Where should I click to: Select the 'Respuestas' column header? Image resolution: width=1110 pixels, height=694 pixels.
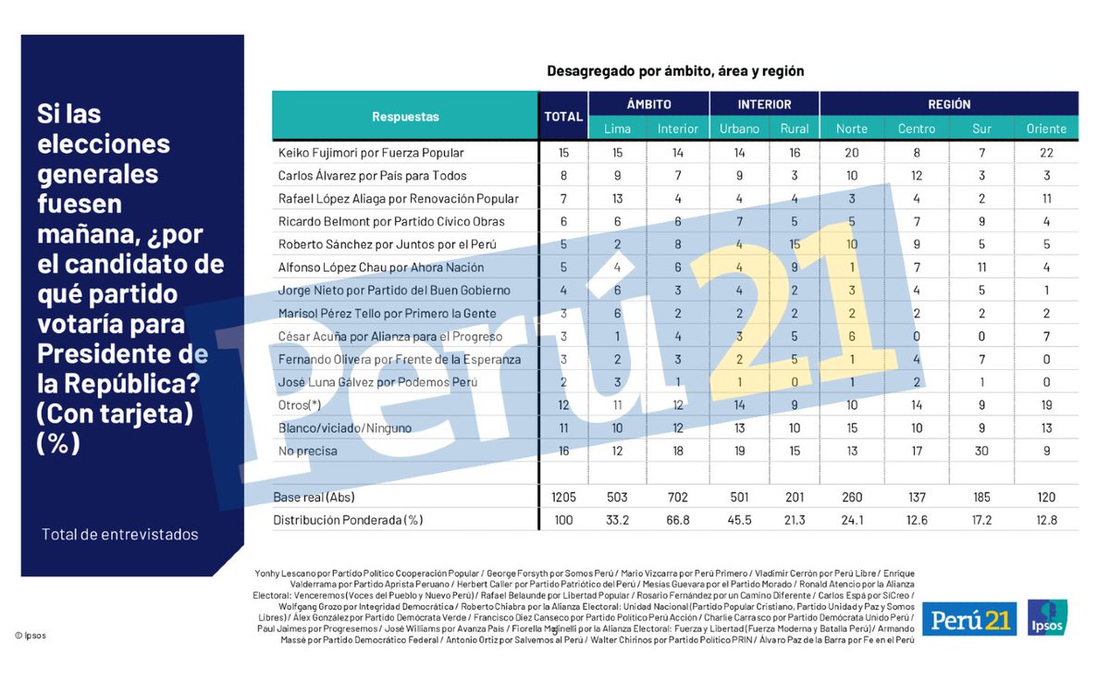pos(405,117)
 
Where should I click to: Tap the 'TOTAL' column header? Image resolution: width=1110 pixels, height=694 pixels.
pos(562,117)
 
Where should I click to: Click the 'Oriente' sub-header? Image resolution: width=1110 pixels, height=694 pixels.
pos(1046,129)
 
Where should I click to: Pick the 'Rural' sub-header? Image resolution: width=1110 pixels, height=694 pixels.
pos(794,129)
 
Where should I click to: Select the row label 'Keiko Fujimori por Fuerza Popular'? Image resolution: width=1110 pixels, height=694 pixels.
pos(371,152)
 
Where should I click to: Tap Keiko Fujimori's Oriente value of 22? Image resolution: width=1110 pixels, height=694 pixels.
pos(1046,152)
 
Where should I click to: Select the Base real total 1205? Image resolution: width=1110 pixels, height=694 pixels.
pos(562,497)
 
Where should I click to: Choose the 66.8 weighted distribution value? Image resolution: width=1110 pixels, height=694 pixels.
pos(678,520)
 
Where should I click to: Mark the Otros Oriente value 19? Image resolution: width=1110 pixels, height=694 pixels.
pos(1046,404)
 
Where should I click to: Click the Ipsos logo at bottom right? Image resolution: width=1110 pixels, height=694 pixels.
pos(1047,617)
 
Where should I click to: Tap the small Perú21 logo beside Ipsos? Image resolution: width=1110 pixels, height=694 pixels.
pos(968,618)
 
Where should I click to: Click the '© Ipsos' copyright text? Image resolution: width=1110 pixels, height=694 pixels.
pos(31,635)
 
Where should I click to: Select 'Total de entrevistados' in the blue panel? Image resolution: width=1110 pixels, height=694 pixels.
pos(119,534)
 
